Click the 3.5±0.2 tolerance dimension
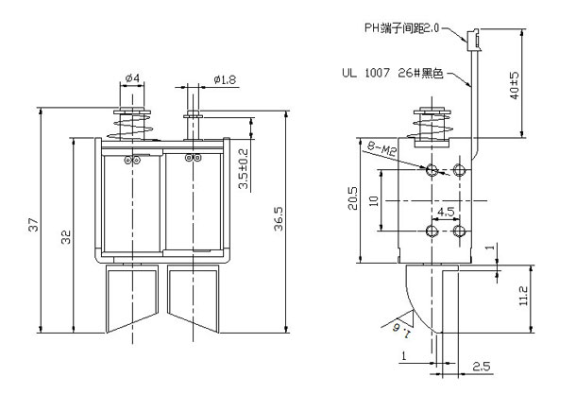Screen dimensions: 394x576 pos(244,169)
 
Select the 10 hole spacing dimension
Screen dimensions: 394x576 pos(374,201)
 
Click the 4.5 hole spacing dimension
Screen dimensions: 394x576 pos(445,212)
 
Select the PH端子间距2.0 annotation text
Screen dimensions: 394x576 pos(402,28)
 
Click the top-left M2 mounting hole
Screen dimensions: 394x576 pos(432,171)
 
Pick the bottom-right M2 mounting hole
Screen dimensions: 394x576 pos(460,231)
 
